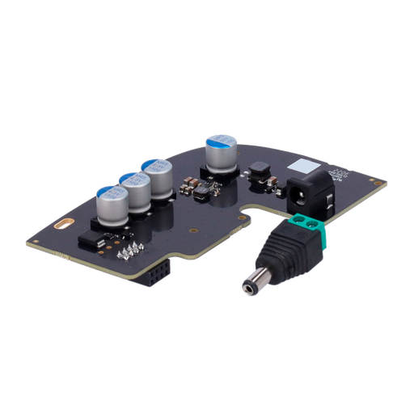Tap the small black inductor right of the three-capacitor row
(x=198, y=191)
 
